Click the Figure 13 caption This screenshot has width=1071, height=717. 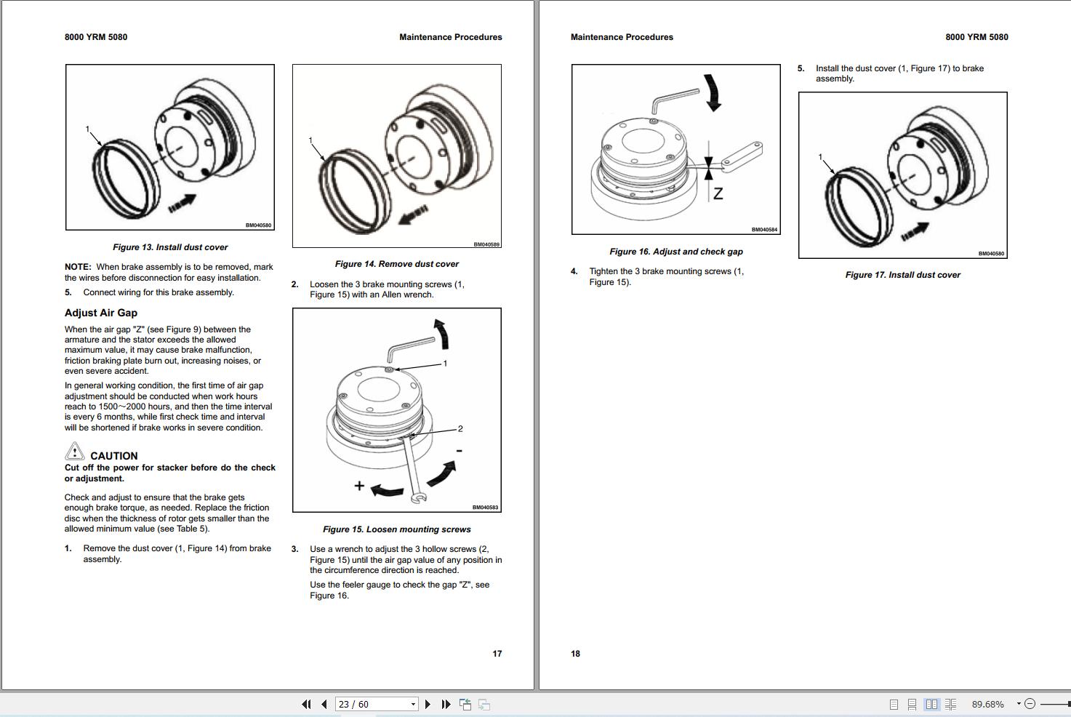pyautogui.click(x=170, y=247)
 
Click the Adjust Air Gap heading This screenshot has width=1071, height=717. pyautogui.click(x=101, y=313)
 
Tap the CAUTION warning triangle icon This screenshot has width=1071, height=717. pyautogui.click(x=75, y=452)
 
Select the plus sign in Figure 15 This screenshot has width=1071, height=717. pyautogui.click(x=359, y=485)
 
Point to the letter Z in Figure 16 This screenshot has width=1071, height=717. pyautogui.click(x=718, y=194)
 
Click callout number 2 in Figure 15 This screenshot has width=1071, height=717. pyautogui.click(x=460, y=429)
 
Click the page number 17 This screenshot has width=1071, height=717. pyautogui.click(x=497, y=654)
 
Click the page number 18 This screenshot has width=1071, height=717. pyautogui.click(x=575, y=654)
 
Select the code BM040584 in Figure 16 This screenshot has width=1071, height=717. pyautogui.click(x=764, y=230)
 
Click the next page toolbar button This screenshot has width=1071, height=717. pyautogui.click(x=428, y=704)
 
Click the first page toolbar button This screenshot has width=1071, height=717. pyautogui.click(x=306, y=704)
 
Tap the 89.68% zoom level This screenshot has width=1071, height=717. pyautogui.click(x=987, y=704)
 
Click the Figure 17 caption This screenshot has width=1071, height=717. pyautogui.click(x=902, y=275)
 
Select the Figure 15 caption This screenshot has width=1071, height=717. pyautogui.click(x=396, y=529)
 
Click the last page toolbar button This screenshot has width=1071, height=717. pyautogui.click(x=446, y=704)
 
